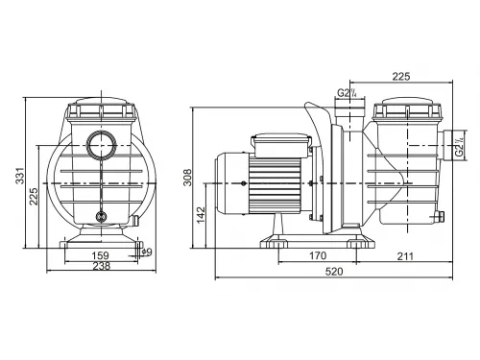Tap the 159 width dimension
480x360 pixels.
coord(100,255)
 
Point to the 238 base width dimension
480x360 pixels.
coord(100,269)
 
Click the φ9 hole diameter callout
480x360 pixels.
coord(145,252)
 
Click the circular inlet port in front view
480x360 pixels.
coord(100,147)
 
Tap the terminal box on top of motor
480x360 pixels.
coord(278,144)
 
